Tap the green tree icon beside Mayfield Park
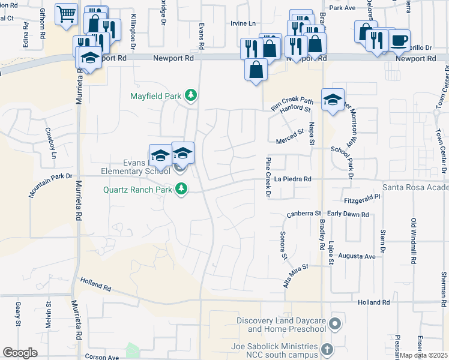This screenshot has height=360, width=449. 191,95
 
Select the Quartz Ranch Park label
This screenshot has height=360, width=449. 137,190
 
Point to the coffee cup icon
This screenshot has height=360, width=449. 399,40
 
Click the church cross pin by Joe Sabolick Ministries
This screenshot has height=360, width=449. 327,349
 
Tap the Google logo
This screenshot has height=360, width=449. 20,353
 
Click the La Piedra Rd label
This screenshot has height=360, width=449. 293,179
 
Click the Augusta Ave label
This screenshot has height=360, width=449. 357,256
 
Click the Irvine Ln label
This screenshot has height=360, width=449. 243,23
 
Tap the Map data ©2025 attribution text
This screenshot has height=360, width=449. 423,355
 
